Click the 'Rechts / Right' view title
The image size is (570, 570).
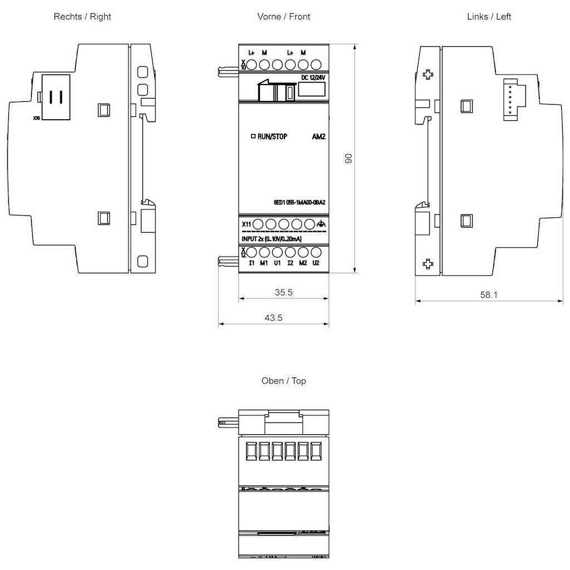click(82, 17)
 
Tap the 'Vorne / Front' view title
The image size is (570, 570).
click(284, 17)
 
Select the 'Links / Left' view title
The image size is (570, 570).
click(489, 17)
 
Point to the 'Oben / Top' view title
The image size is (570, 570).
click(284, 381)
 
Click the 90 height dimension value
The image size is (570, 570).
click(349, 158)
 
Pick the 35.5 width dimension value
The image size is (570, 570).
click(284, 292)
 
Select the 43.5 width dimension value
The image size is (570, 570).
click(273, 318)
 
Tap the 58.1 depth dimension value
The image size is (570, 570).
click(489, 295)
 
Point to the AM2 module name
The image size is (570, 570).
click(319, 136)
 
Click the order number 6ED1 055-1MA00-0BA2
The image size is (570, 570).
click(299, 203)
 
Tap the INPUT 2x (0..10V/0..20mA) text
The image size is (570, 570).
click(272, 239)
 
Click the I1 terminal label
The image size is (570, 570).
click(252, 263)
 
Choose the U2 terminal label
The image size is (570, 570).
click(316, 263)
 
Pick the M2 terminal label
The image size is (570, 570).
click(303, 263)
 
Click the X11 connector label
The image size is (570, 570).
click(246, 224)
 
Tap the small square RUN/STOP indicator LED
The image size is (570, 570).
click(253, 136)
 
